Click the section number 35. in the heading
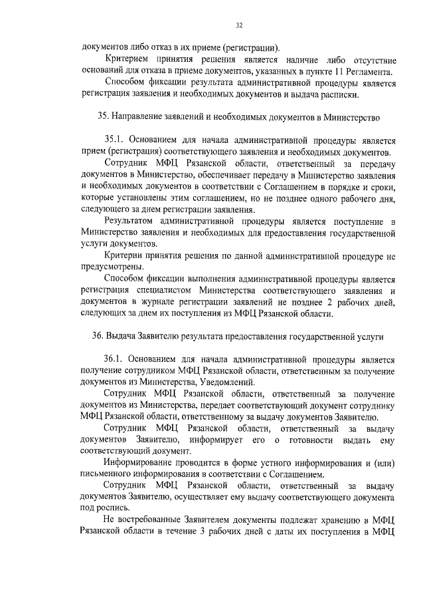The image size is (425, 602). (x=103, y=118)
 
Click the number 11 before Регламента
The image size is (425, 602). (x=340, y=71)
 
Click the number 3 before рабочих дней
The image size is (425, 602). (x=193, y=532)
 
